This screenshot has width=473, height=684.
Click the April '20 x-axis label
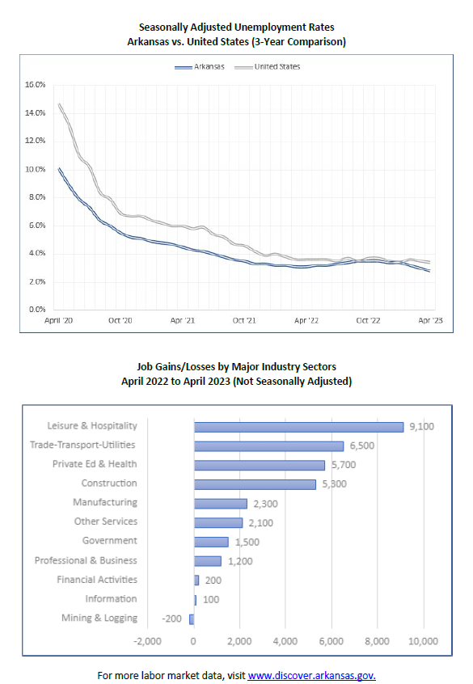coord(57,320)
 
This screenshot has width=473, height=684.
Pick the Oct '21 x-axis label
coord(243,320)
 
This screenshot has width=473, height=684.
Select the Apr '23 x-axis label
coord(429,320)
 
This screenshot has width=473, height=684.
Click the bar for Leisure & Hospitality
coord(298,426)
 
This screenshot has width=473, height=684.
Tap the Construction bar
coord(255,484)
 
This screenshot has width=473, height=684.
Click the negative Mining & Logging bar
coord(192,619)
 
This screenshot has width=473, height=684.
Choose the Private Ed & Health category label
coord(95,464)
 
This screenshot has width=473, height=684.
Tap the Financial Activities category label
coord(97,580)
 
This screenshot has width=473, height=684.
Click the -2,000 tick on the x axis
coord(147,641)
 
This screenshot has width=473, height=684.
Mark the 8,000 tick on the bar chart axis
coord(378,641)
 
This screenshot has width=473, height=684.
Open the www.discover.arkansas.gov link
coord(311,674)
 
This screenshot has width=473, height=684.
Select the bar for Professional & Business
coord(207,561)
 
